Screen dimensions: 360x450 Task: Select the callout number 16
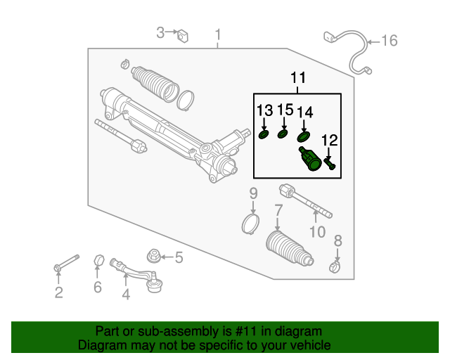pos(389,41)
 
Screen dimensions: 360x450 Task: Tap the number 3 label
pos(160,32)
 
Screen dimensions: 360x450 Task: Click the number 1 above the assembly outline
pos(218,34)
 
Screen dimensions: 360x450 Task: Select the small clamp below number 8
pos(336,266)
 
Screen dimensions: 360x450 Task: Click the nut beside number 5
pos(153,257)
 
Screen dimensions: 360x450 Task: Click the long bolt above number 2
pos(66,263)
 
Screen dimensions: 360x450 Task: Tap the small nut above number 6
pos(98,263)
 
